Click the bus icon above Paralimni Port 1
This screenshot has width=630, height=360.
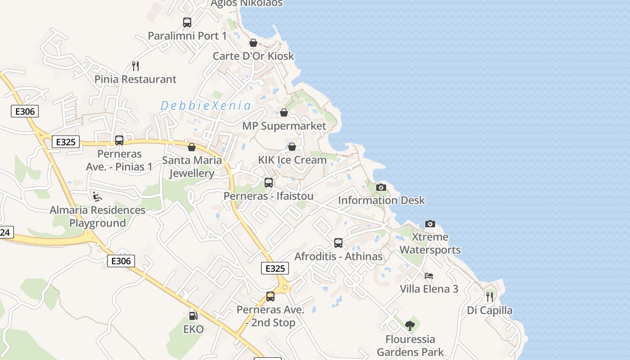pyautogui.click(x=187, y=22)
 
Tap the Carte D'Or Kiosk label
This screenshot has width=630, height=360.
pyautogui.click(x=253, y=56)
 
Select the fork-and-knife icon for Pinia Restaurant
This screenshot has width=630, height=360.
pyautogui.click(x=135, y=66)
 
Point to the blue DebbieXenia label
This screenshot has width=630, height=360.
pyautogui.click(x=206, y=106)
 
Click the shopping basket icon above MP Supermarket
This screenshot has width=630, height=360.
pyautogui.click(x=284, y=112)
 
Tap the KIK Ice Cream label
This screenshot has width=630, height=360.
pyautogui.click(x=292, y=160)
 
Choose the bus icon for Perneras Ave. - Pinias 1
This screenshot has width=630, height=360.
pyautogui.click(x=119, y=140)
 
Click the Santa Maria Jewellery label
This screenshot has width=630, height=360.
pyautogui.click(x=192, y=166)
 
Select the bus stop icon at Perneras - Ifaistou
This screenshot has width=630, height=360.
pyautogui.click(x=269, y=183)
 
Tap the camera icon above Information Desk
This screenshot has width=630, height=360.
pyautogui.click(x=381, y=187)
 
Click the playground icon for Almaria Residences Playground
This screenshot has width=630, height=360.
pyautogui.click(x=97, y=196)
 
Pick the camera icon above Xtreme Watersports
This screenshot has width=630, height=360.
pyautogui.click(x=430, y=224)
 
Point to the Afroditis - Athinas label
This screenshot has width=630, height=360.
pyautogui.click(x=338, y=256)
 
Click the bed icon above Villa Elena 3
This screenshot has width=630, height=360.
pyautogui.click(x=429, y=275)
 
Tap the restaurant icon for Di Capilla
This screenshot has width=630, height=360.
pyautogui.click(x=490, y=297)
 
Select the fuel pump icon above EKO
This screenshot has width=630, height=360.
pyautogui.click(x=193, y=316)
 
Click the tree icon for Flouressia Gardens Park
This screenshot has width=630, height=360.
pyautogui.click(x=410, y=325)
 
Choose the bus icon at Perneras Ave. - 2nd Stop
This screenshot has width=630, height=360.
pyautogui.click(x=270, y=297)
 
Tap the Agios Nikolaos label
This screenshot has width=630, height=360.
pyautogui.click(x=247, y=4)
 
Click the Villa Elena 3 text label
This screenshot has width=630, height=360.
pyautogui.click(x=429, y=289)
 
